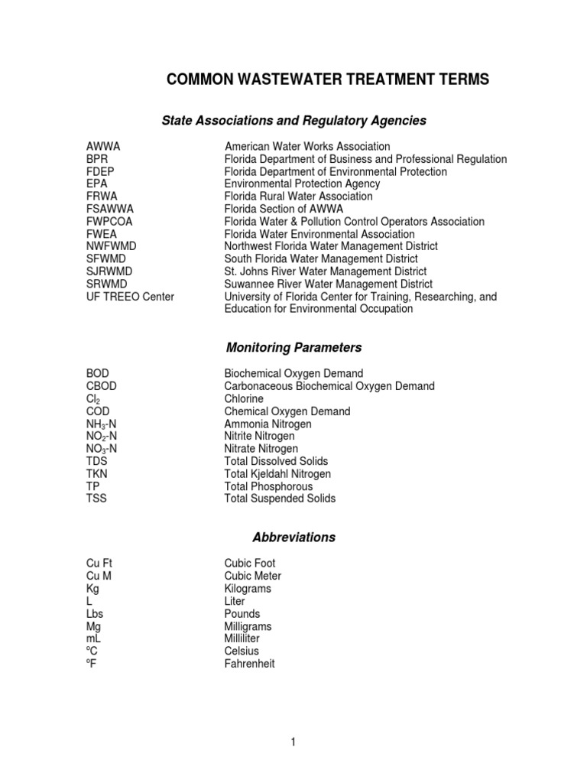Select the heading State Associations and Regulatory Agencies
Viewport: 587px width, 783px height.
(x=294, y=121)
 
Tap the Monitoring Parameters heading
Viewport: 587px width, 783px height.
(x=294, y=348)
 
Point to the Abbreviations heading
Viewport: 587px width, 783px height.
(x=294, y=538)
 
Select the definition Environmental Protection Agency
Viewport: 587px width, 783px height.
(x=302, y=184)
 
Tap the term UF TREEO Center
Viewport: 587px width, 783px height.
(x=130, y=297)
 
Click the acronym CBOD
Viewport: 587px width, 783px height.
(x=102, y=386)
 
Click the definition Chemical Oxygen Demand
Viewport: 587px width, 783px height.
(x=287, y=411)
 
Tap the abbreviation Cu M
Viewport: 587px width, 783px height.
(x=100, y=576)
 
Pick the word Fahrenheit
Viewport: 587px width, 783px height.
(x=249, y=664)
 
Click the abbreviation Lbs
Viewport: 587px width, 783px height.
(x=96, y=614)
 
